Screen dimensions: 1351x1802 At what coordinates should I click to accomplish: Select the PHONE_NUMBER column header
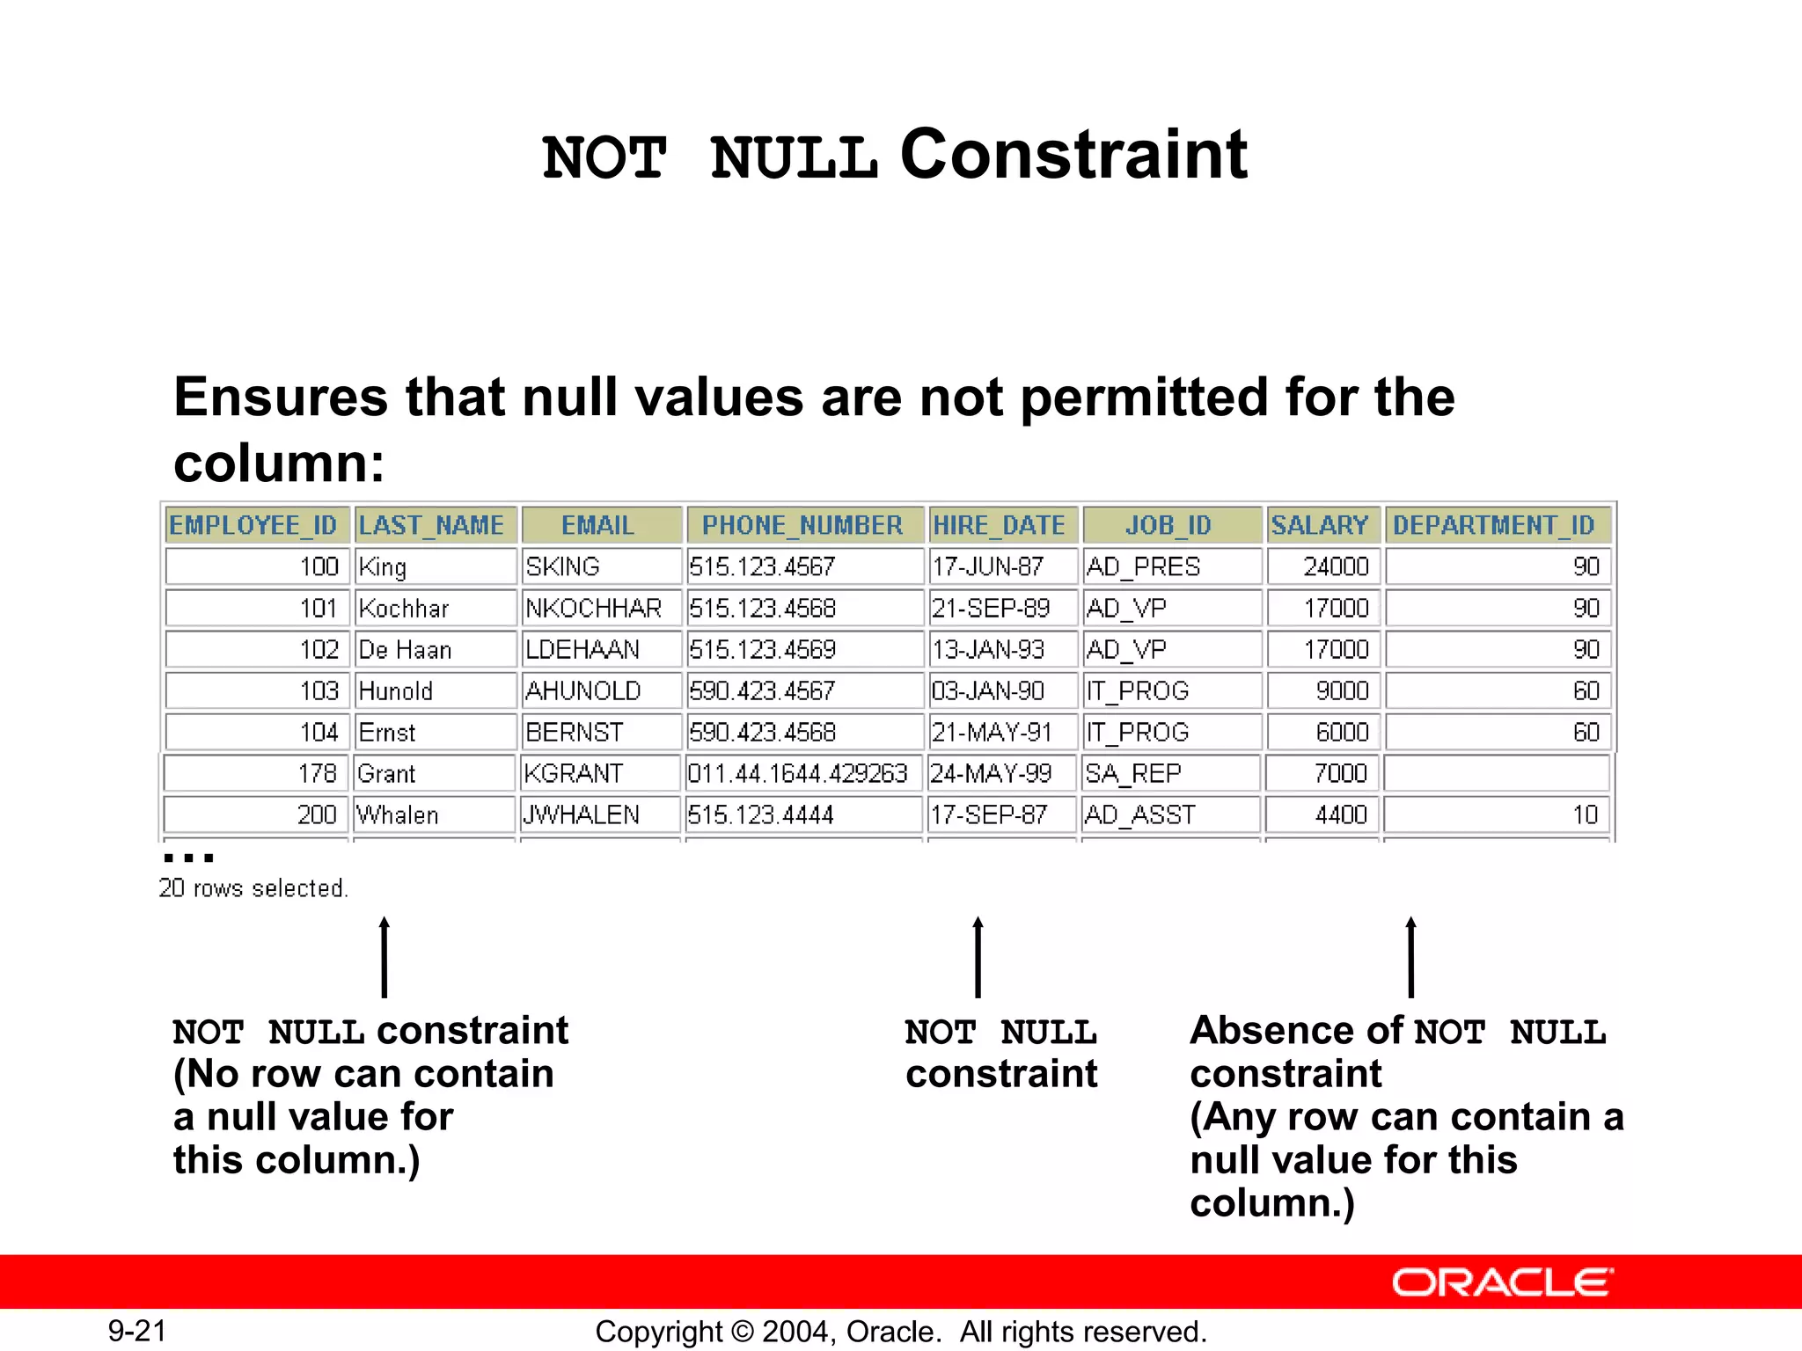click(x=802, y=525)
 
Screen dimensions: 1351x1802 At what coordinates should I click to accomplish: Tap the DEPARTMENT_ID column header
click(x=1496, y=525)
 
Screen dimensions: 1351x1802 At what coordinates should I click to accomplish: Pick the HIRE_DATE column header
click(x=1000, y=525)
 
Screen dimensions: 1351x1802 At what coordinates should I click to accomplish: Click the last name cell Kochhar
click(x=404, y=608)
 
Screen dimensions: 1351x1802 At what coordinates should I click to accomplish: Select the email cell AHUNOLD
click(x=583, y=690)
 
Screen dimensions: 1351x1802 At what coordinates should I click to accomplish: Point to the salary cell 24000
click(x=1336, y=566)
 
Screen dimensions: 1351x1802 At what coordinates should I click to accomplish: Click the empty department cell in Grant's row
click(x=1496, y=773)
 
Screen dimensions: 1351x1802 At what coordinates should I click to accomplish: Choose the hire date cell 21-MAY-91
click(x=992, y=732)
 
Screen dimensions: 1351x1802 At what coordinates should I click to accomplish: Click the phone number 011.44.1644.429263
click(x=797, y=773)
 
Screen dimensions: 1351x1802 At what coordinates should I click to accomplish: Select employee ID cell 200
click(x=317, y=814)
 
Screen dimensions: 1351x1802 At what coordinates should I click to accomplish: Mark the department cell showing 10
click(x=1585, y=814)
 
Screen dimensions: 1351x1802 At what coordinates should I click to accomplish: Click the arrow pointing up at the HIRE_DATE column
click(x=978, y=957)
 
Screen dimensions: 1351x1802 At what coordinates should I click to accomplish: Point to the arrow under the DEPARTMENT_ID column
click(x=1411, y=957)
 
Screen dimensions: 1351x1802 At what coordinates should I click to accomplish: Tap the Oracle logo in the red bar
click(x=1502, y=1282)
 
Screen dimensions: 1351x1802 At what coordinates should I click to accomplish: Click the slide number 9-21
click(x=137, y=1331)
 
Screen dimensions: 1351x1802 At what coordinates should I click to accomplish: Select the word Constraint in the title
click(x=1073, y=155)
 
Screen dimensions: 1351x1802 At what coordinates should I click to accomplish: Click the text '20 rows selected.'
click(x=253, y=888)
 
